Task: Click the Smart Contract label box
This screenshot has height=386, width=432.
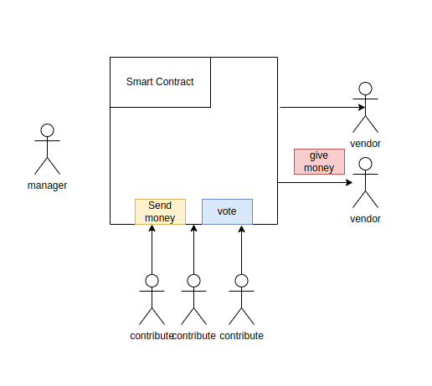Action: pyautogui.click(x=160, y=82)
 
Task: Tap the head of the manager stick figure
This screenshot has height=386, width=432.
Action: pyautogui.click(x=48, y=130)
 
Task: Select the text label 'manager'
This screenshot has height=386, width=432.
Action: pyautogui.click(x=48, y=185)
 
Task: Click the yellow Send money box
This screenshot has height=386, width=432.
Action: pyautogui.click(x=160, y=212)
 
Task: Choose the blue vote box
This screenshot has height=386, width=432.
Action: pyautogui.click(x=227, y=212)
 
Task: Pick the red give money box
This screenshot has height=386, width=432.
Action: pyautogui.click(x=319, y=161)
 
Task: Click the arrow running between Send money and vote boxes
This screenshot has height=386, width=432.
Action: pyautogui.click(x=193, y=251)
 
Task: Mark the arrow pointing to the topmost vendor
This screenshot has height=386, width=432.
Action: pyautogui.click(x=318, y=107)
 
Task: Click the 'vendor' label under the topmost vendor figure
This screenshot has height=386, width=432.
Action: pyautogui.click(x=365, y=144)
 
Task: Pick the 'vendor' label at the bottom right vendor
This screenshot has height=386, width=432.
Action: pyautogui.click(x=365, y=219)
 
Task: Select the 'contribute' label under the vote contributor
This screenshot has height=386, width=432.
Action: pyautogui.click(x=242, y=336)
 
